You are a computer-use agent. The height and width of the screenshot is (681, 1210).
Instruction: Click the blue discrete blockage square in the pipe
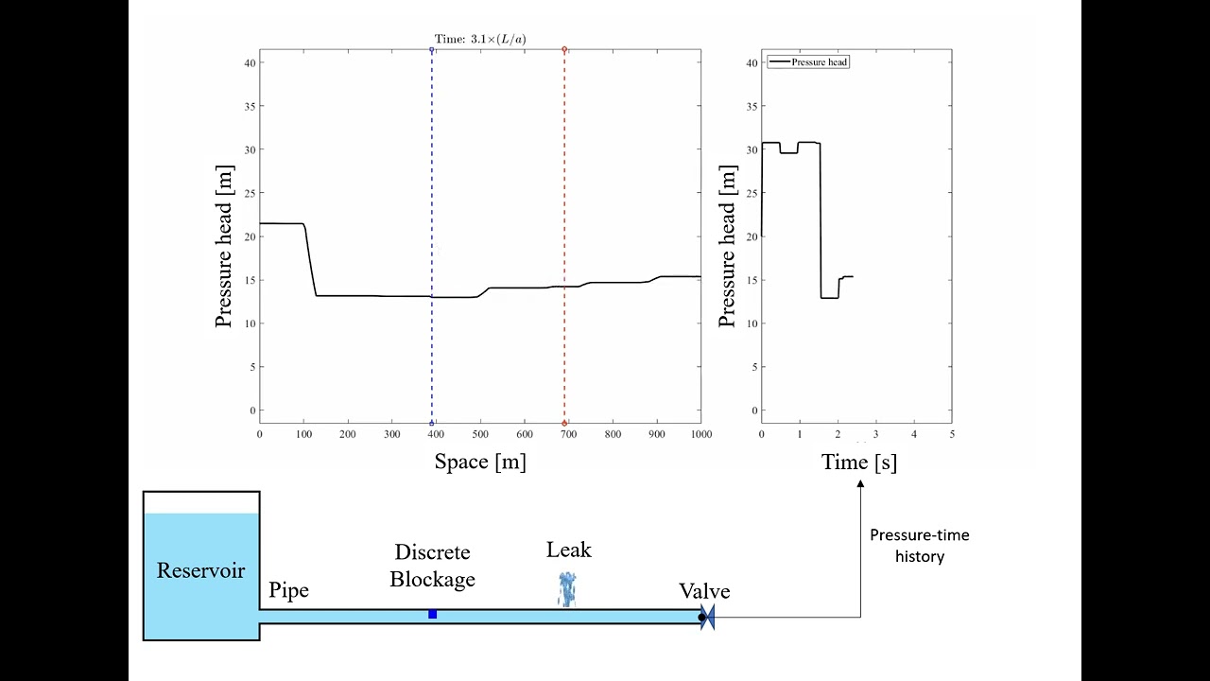432,615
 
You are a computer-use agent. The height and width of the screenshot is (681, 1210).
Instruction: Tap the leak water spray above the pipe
567,588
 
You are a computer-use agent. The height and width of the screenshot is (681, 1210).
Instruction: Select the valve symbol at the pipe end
706,618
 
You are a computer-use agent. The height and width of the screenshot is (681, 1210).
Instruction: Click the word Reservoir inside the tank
200,570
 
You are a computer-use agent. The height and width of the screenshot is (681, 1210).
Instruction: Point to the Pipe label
288,591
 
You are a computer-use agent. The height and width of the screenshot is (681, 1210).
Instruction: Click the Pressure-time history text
919,546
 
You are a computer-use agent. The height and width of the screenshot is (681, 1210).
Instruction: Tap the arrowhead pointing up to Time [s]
860,484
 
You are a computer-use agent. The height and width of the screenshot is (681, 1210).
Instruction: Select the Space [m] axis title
480,462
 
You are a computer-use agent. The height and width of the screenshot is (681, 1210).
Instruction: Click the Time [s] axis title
858,462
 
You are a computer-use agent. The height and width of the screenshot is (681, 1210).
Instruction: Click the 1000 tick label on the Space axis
700,434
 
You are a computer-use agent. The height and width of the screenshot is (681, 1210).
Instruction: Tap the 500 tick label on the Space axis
480,434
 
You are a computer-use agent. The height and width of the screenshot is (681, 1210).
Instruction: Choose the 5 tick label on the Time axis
951,434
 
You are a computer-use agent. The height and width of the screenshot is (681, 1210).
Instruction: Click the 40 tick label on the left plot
249,63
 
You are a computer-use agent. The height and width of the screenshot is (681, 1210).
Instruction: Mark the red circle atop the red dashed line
564,49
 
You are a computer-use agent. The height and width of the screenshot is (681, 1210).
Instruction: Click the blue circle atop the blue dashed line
432,49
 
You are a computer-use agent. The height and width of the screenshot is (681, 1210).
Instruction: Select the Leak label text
568,550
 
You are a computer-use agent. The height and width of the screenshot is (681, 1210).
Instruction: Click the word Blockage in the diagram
432,580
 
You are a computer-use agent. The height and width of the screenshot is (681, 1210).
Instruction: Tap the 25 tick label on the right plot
752,193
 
